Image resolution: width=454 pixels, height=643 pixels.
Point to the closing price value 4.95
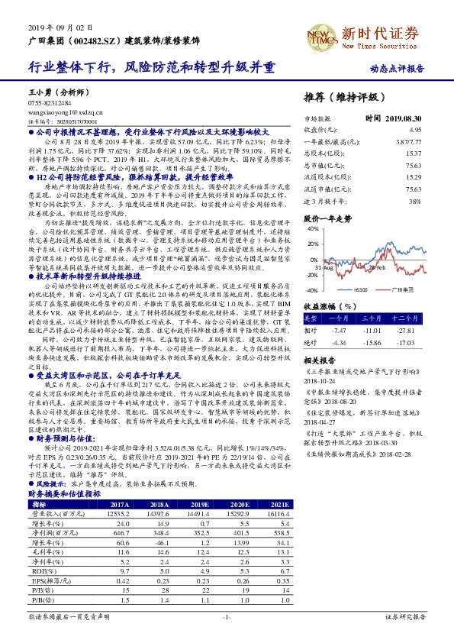pyautogui.click(x=415, y=131)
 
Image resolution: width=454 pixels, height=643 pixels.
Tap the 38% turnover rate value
pyautogui.click(x=415, y=201)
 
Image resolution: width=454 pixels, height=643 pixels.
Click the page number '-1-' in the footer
pyautogui.click(x=227, y=616)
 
